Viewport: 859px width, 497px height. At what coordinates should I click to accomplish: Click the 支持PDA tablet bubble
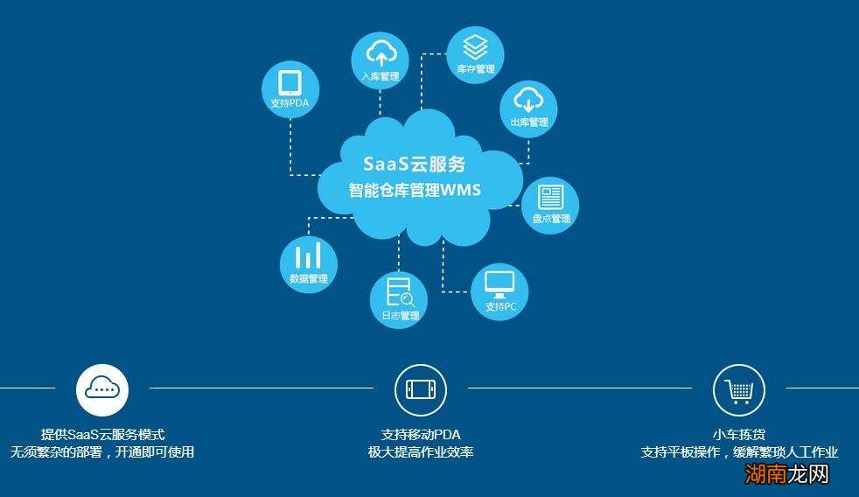tap(290, 89)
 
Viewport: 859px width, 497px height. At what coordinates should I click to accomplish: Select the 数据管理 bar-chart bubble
tap(308, 262)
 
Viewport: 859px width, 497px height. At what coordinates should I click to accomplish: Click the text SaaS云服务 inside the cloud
tap(415, 164)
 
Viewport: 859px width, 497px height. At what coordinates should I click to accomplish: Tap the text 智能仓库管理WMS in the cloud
tap(415, 190)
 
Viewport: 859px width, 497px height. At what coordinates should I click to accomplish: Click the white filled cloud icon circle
tap(102, 389)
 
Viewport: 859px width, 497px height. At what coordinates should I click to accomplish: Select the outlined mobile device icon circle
tap(421, 389)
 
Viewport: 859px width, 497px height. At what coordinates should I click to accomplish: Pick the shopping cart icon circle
tap(739, 389)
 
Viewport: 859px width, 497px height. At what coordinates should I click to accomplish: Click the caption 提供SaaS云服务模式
tap(102, 434)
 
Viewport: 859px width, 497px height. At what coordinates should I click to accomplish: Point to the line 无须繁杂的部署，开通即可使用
tap(102, 452)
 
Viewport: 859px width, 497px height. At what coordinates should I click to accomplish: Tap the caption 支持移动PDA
tap(421, 434)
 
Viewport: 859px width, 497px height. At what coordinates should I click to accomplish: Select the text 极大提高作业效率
tap(421, 452)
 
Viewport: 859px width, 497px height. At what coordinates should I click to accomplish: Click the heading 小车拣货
tap(739, 434)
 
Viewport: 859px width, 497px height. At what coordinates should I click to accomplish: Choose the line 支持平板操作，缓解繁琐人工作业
tap(739, 452)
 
